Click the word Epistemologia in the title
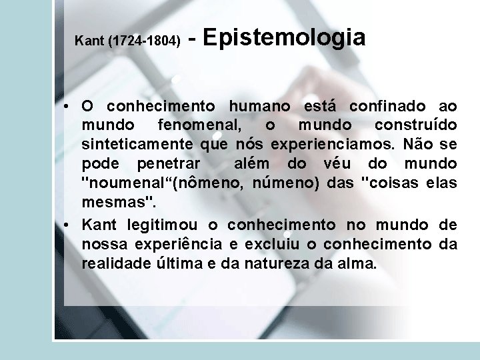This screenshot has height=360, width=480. click(x=283, y=38)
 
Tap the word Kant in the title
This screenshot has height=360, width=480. click(x=90, y=41)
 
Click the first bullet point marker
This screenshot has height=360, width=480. click(x=69, y=107)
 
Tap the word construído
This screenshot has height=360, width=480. click(x=416, y=125)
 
